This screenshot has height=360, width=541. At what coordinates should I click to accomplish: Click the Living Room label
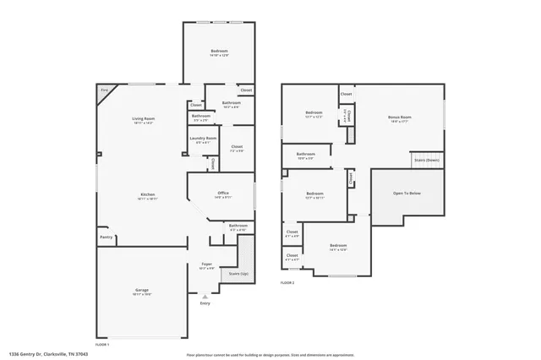pos(142,119)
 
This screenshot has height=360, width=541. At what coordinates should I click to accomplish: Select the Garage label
pos(142,290)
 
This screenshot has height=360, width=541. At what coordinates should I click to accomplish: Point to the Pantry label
pos(106,237)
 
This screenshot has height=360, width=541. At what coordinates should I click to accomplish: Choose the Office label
pos(223,193)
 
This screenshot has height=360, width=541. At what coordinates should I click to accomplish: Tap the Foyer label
pos(206,264)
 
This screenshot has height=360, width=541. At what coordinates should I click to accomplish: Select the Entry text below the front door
pos(205,303)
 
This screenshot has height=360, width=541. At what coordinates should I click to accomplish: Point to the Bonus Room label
pos(399,117)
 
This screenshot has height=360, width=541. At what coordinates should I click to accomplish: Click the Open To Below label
pos(407,193)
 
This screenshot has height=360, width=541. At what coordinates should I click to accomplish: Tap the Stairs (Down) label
pos(426,159)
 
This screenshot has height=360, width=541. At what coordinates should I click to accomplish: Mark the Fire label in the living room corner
pos(105,90)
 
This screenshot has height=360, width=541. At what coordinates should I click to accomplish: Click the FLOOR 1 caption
pos(101,345)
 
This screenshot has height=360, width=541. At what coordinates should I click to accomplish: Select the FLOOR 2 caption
pos(287,281)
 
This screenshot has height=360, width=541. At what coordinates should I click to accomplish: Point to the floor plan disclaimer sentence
pos(270,354)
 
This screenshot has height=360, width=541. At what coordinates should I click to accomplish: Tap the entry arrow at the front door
pos(205,297)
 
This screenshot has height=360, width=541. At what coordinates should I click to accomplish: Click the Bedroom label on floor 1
pos(219,52)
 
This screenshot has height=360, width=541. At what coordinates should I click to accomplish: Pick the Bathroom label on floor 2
pos(305,154)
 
